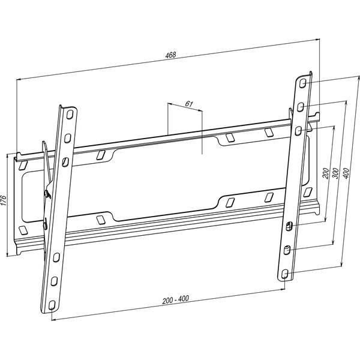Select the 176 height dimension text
pos(4,199)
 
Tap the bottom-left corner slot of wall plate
pos(23,230)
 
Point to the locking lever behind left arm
pos(46,174)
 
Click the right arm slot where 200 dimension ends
pos(289,226)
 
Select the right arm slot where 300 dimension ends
pos(286,249)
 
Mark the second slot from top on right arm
pos(300,107)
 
